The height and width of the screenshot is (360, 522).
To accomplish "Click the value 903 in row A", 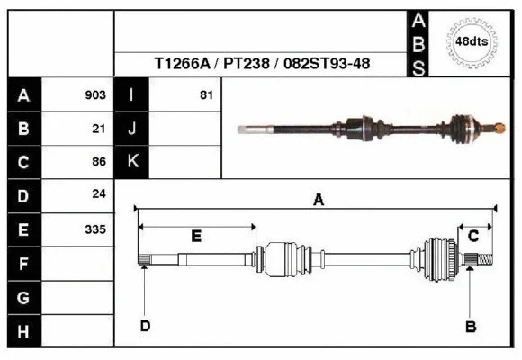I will (95, 95).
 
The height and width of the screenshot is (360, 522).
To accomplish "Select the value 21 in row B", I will (99, 129).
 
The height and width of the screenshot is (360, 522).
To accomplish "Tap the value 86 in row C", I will (99, 162).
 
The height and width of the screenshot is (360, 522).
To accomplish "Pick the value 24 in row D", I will (99, 194).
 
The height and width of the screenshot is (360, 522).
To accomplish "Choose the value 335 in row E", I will (95, 229).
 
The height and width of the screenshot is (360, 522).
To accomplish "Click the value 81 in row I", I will (205, 95).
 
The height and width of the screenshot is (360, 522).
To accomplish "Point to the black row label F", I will (23, 264).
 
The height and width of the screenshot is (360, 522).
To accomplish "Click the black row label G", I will (23, 297).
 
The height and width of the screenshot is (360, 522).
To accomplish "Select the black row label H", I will (23, 331).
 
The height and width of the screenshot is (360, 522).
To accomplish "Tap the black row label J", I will (132, 129).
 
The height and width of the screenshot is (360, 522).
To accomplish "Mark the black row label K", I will (132, 162).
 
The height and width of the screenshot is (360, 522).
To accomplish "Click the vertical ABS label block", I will (418, 43).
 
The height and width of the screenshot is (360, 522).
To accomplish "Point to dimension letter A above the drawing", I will (318, 201).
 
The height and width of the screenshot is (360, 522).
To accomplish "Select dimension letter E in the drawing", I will (196, 236).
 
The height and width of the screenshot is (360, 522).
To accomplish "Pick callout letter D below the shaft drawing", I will (144, 326).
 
